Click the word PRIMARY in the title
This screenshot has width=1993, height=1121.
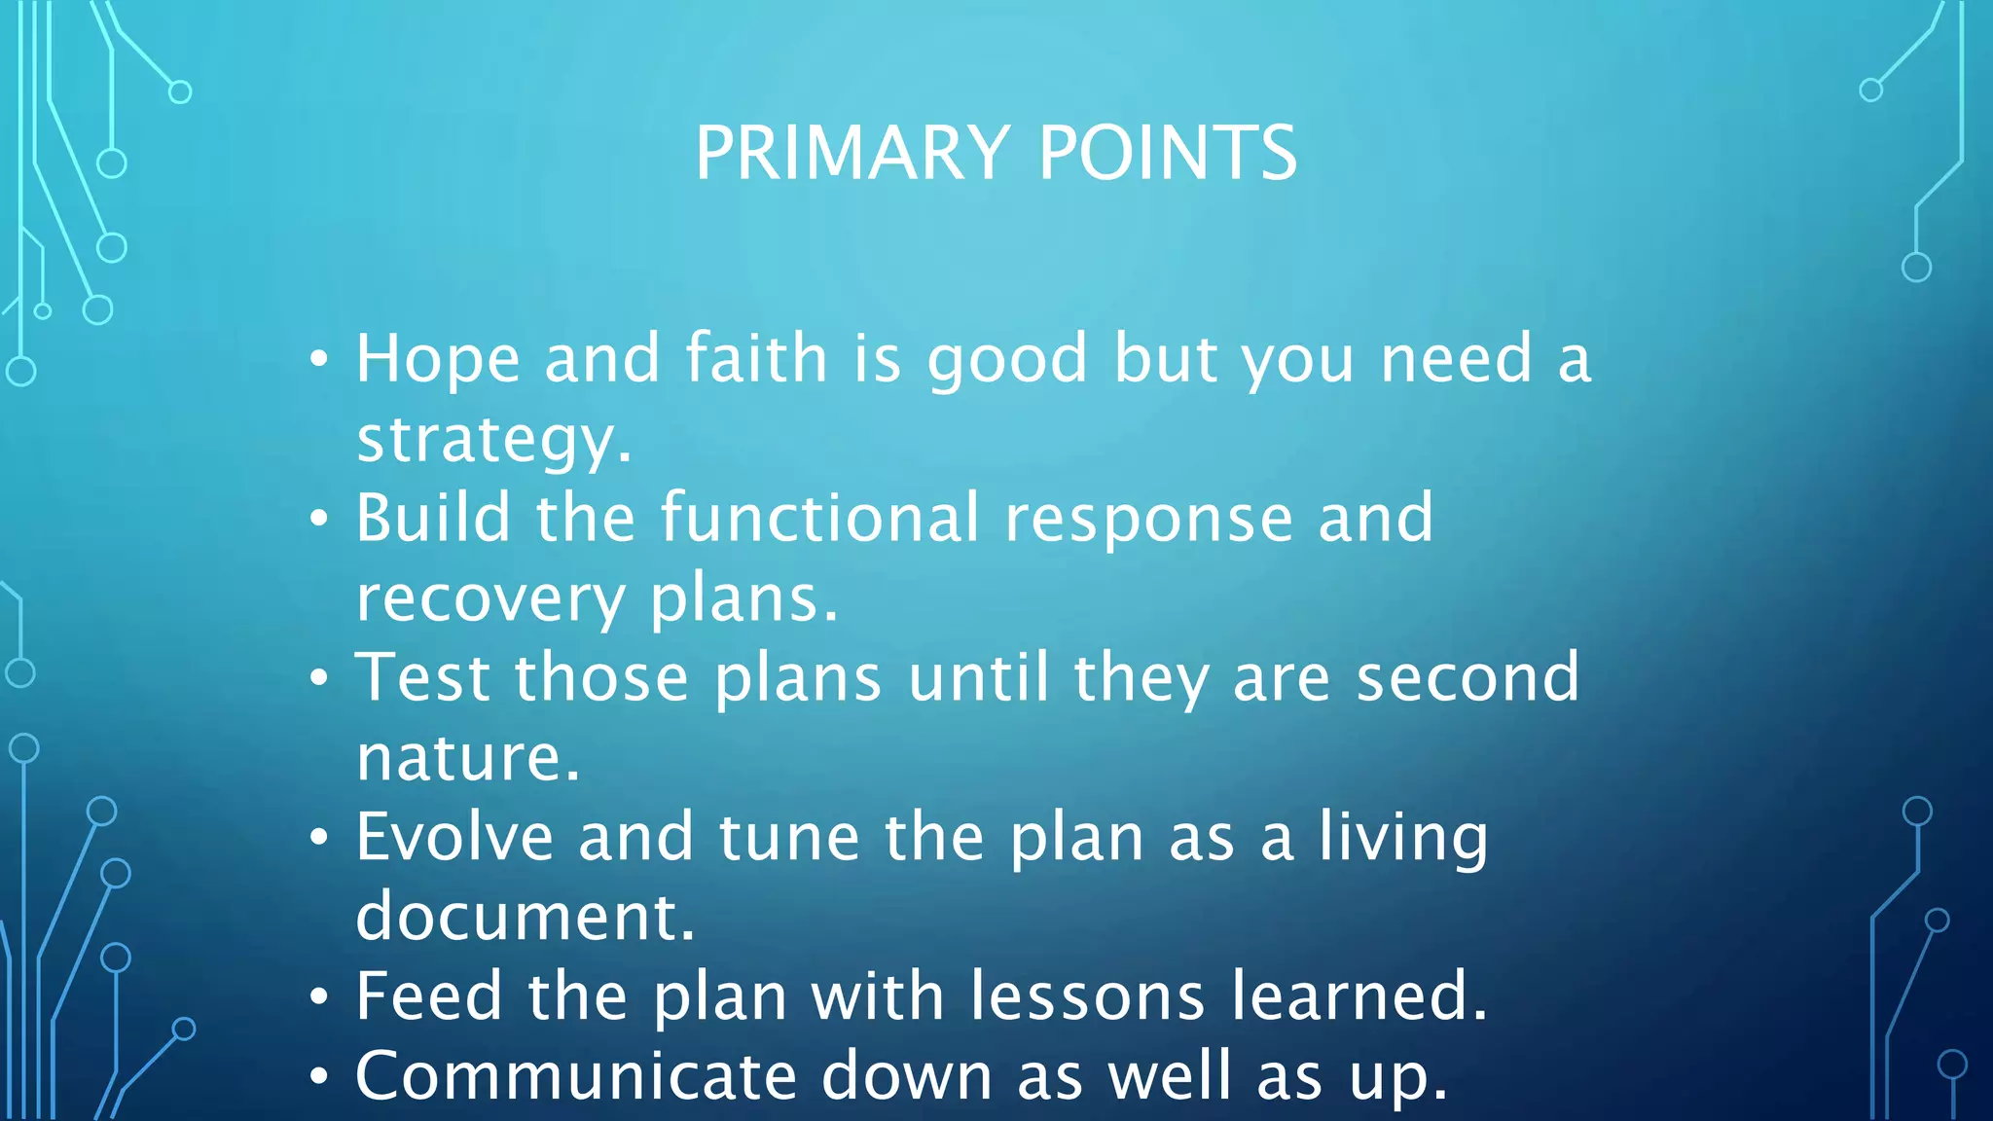[852, 153]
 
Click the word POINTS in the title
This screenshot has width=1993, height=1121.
[1168, 153]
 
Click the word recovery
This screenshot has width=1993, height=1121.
[489, 598]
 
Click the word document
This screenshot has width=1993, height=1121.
[525, 917]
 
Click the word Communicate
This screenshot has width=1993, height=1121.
[576, 1076]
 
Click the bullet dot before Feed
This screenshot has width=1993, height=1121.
[319, 998]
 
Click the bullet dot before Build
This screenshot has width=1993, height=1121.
[319, 520]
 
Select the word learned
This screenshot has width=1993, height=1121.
[1359, 996]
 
